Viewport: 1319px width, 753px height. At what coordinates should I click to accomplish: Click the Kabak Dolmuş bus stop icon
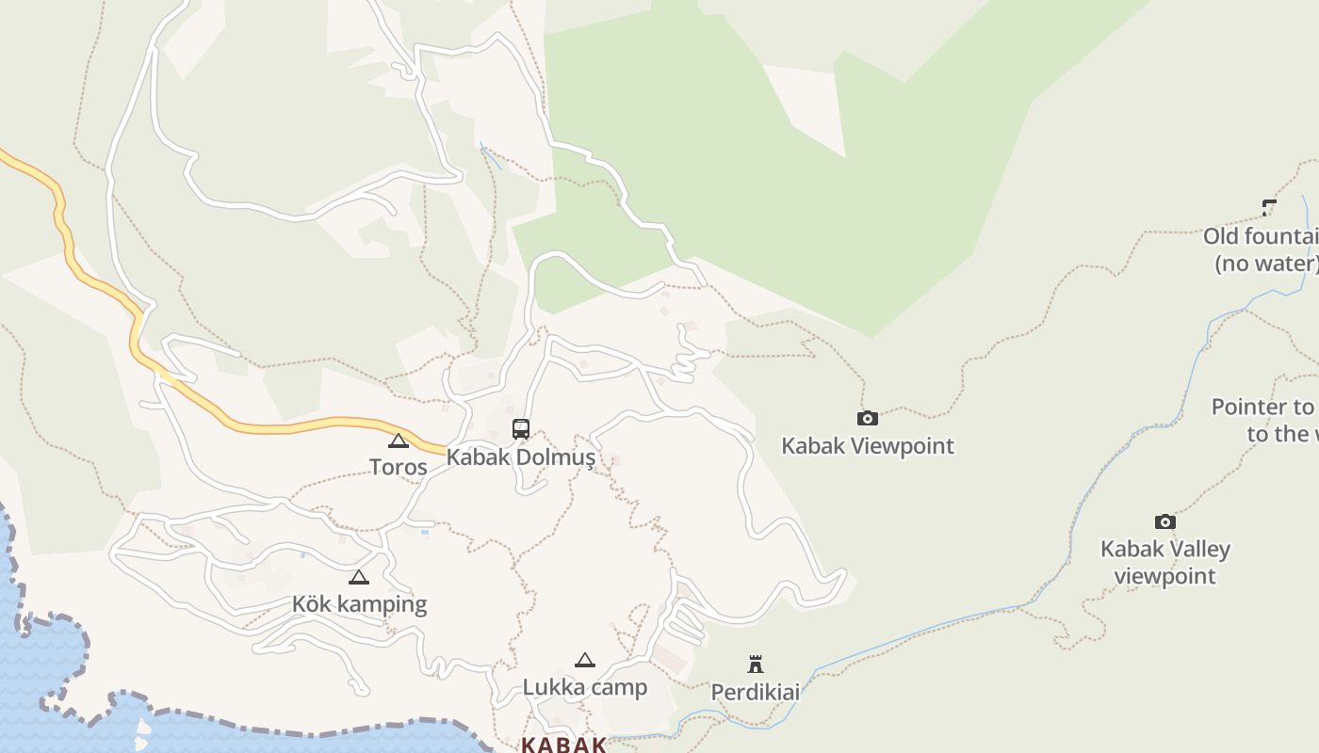pyautogui.click(x=521, y=429)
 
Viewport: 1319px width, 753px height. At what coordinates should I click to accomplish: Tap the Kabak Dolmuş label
pyautogui.click(x=520, y=457)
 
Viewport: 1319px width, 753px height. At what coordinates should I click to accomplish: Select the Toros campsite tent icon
pyautogui.click(x=399, y=441)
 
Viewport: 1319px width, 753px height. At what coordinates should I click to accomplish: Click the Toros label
pyautogui.click(x=398, y=467)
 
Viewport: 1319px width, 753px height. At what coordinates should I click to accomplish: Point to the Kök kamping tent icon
pyautogui.click(x=358, y=577)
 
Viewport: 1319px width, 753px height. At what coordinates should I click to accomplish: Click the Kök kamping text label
pyautogui.click(x=359, y=604)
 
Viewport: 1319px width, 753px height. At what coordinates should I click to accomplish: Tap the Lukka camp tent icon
pyautogui.click(x=585, y=660)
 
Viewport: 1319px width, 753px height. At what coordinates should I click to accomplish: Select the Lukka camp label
pyautogui.click(x=585, y=687)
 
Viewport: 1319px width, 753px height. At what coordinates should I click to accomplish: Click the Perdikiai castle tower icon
pyautogui.click(x=755, y=665)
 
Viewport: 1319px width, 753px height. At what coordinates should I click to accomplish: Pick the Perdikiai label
pyautogui.click(x=755, y=693)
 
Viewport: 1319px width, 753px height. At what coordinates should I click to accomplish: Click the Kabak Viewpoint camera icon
pyautogui.click(x=867, y=418)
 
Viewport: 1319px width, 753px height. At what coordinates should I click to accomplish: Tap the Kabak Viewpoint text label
pyautogui.click(x=867, y=446)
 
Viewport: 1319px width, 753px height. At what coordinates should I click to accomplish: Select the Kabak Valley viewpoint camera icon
pyautogui.click(x=1165, y=521)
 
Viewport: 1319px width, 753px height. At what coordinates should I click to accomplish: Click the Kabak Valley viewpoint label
pyautogui.click(x=1165, y=562)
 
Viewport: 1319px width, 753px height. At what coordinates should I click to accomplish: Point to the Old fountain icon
pyautogui.click(x=1269, y=208)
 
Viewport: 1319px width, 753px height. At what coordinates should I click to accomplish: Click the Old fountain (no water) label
pyautogui.click(x=1262, y=249)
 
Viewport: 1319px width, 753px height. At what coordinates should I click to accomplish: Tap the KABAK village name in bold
pyautogui.click(x=563, y=745)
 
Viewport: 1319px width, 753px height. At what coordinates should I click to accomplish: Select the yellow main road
pyautogui.click(x=283, y=428)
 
